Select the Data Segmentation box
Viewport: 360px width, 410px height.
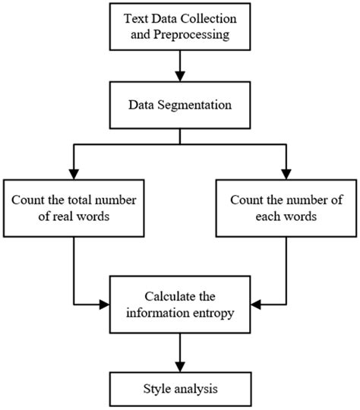pos(179,106)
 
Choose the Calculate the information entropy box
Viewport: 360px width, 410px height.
pos(179,304)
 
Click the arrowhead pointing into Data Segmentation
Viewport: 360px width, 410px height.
pos(179,77)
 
